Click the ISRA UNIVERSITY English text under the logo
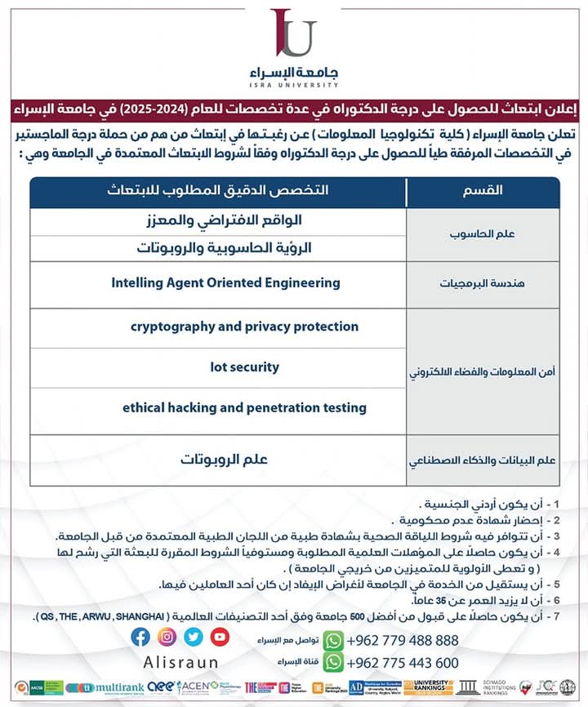click(293, 84)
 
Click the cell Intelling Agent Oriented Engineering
click(225, 283)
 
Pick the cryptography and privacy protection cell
click(244, 327)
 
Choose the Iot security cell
click(244, 368)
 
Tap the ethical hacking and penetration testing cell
click(244, 407)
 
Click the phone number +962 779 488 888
click(403, 640)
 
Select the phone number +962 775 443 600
click(403, 663)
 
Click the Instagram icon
click(167, 637)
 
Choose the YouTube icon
click(220, 637)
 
